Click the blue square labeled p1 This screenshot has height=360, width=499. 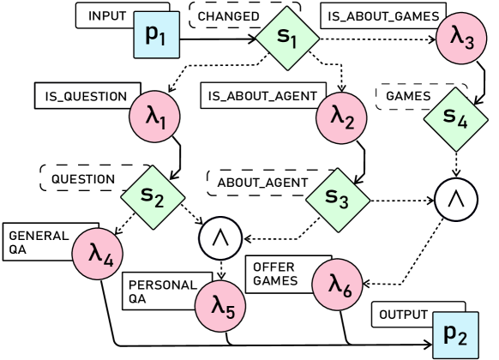tap(157, 35)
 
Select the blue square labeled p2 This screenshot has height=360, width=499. tap(455, 334)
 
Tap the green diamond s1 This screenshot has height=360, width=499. tap(287, 37)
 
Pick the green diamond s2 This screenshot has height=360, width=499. tap(153, 197)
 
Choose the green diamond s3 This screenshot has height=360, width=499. tap(338, 199)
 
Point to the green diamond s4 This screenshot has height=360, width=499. tap(455, 119)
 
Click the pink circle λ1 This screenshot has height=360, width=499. tap(155, 116)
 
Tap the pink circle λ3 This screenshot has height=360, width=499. tap(462, 38)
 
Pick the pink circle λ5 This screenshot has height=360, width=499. tap(221, 304)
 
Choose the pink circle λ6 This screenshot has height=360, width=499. tap(338, 283)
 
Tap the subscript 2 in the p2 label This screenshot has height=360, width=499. tap(464, 339)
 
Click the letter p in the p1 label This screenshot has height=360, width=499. tap(152, 35)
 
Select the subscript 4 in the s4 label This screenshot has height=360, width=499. tap(463, 123)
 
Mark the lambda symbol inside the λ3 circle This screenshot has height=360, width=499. tap(456, 36)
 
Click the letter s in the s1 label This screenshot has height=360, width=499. tap(282, 35)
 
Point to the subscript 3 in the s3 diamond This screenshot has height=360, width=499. tap(345, 203)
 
